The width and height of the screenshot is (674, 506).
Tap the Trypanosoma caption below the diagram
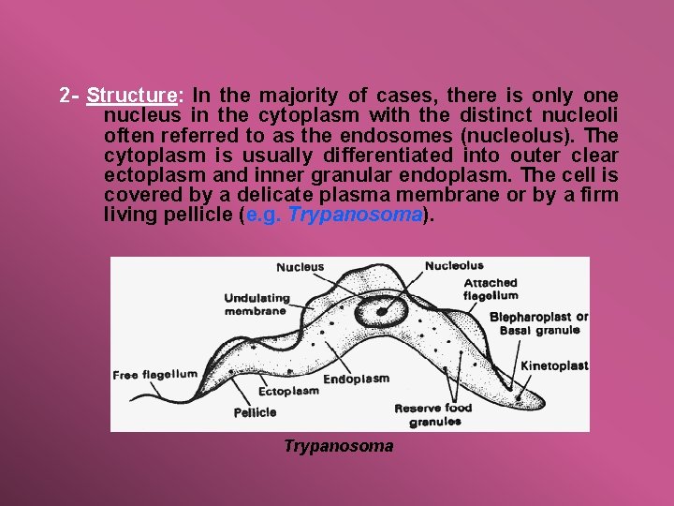(x=338, y=446)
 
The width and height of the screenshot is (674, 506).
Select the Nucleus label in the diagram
(x=300, y=267)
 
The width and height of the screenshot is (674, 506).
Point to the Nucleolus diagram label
(x=454, y=266)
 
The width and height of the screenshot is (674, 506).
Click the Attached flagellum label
(x=490, y=289)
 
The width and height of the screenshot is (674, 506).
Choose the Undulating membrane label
(x=256, y=305)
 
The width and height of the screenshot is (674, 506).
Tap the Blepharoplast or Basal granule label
(x=538, y=323)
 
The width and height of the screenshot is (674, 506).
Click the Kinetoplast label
(x=553, y=365)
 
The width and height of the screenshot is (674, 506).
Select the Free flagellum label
(x=154, y=375)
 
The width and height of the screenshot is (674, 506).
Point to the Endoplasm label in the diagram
(x=356, y=379)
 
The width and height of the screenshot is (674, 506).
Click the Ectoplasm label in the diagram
(x=288, y=392)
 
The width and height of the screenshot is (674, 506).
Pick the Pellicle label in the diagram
(x=255, y=412)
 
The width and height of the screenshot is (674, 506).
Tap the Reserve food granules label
(x=432, y=414)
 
